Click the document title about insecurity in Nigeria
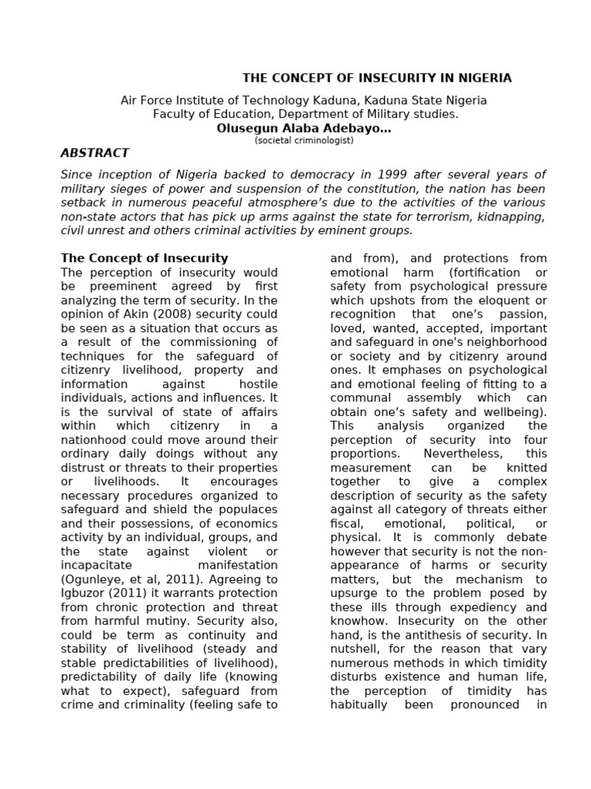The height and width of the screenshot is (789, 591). (x=376, y=78)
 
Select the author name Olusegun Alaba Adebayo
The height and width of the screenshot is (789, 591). (x=304, y=129)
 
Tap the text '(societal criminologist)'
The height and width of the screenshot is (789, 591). (x=304, y=141)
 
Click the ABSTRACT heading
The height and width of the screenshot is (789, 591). (x=95, y=153)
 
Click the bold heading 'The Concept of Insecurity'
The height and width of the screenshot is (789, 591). (x=144, y=258)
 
